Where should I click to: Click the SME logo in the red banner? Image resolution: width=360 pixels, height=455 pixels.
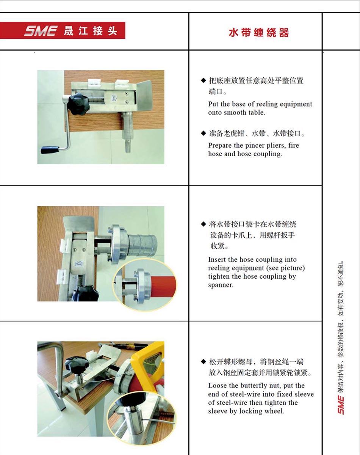[x=41, y=31]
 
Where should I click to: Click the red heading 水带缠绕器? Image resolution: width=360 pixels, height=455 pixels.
[x=259, y=33]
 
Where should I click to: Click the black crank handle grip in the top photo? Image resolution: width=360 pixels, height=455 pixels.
[x=50, y=150]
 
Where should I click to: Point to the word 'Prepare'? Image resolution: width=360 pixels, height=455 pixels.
[x=220, y=145]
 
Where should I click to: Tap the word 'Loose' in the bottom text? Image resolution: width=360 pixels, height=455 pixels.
[x=218, y=386]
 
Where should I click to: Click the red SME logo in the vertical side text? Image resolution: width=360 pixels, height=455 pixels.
[x=341, y=405]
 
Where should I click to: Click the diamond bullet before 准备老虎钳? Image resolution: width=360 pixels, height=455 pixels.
[x=203, y=133]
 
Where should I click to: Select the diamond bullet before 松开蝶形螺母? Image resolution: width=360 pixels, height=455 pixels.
[x=203, y=362]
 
